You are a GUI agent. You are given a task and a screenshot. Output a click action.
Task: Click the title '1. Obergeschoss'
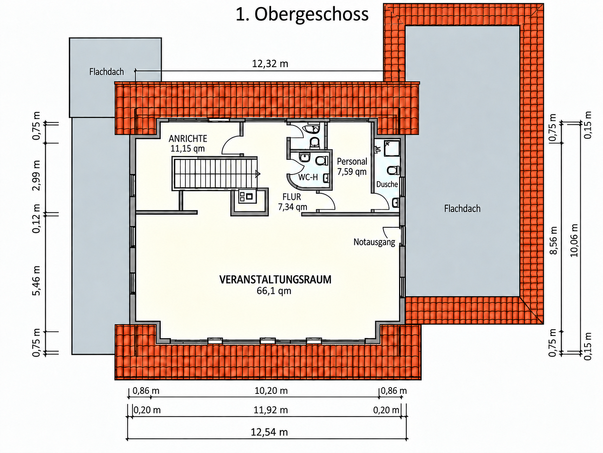[302, 15]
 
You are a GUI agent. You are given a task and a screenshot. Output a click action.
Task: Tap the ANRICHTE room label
[188, 138]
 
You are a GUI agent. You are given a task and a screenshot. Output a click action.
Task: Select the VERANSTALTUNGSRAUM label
[275, 279]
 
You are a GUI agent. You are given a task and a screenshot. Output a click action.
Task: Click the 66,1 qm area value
[274, 291]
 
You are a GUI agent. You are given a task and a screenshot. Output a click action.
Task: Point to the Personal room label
[352, 161]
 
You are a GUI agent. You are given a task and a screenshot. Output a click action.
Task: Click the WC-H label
[308, 177]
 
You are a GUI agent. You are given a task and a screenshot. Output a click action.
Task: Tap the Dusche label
[387, 184]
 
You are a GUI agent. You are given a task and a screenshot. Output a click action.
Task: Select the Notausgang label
[374, 242]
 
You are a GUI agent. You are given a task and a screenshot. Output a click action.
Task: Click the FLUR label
[292, 197]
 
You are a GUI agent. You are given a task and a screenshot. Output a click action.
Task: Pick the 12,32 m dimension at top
[270, 64]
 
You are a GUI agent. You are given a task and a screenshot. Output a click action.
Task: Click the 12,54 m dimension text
[269, 432]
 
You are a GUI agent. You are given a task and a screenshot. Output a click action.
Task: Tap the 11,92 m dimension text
[271, 410]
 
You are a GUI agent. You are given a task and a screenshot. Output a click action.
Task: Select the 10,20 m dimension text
[271, 391]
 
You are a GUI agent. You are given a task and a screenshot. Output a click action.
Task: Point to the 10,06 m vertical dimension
[574, 240]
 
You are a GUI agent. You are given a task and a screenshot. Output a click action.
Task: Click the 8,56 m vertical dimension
[553, 240]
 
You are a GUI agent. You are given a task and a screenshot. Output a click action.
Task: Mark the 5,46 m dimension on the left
[36, 280]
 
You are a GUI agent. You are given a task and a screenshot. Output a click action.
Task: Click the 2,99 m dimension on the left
[36, 175]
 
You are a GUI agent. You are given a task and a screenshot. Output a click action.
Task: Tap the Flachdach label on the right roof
[462, 208]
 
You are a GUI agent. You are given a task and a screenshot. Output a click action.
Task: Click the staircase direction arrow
[258, 174]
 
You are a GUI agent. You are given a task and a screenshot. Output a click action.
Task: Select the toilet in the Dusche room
[393, 170]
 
